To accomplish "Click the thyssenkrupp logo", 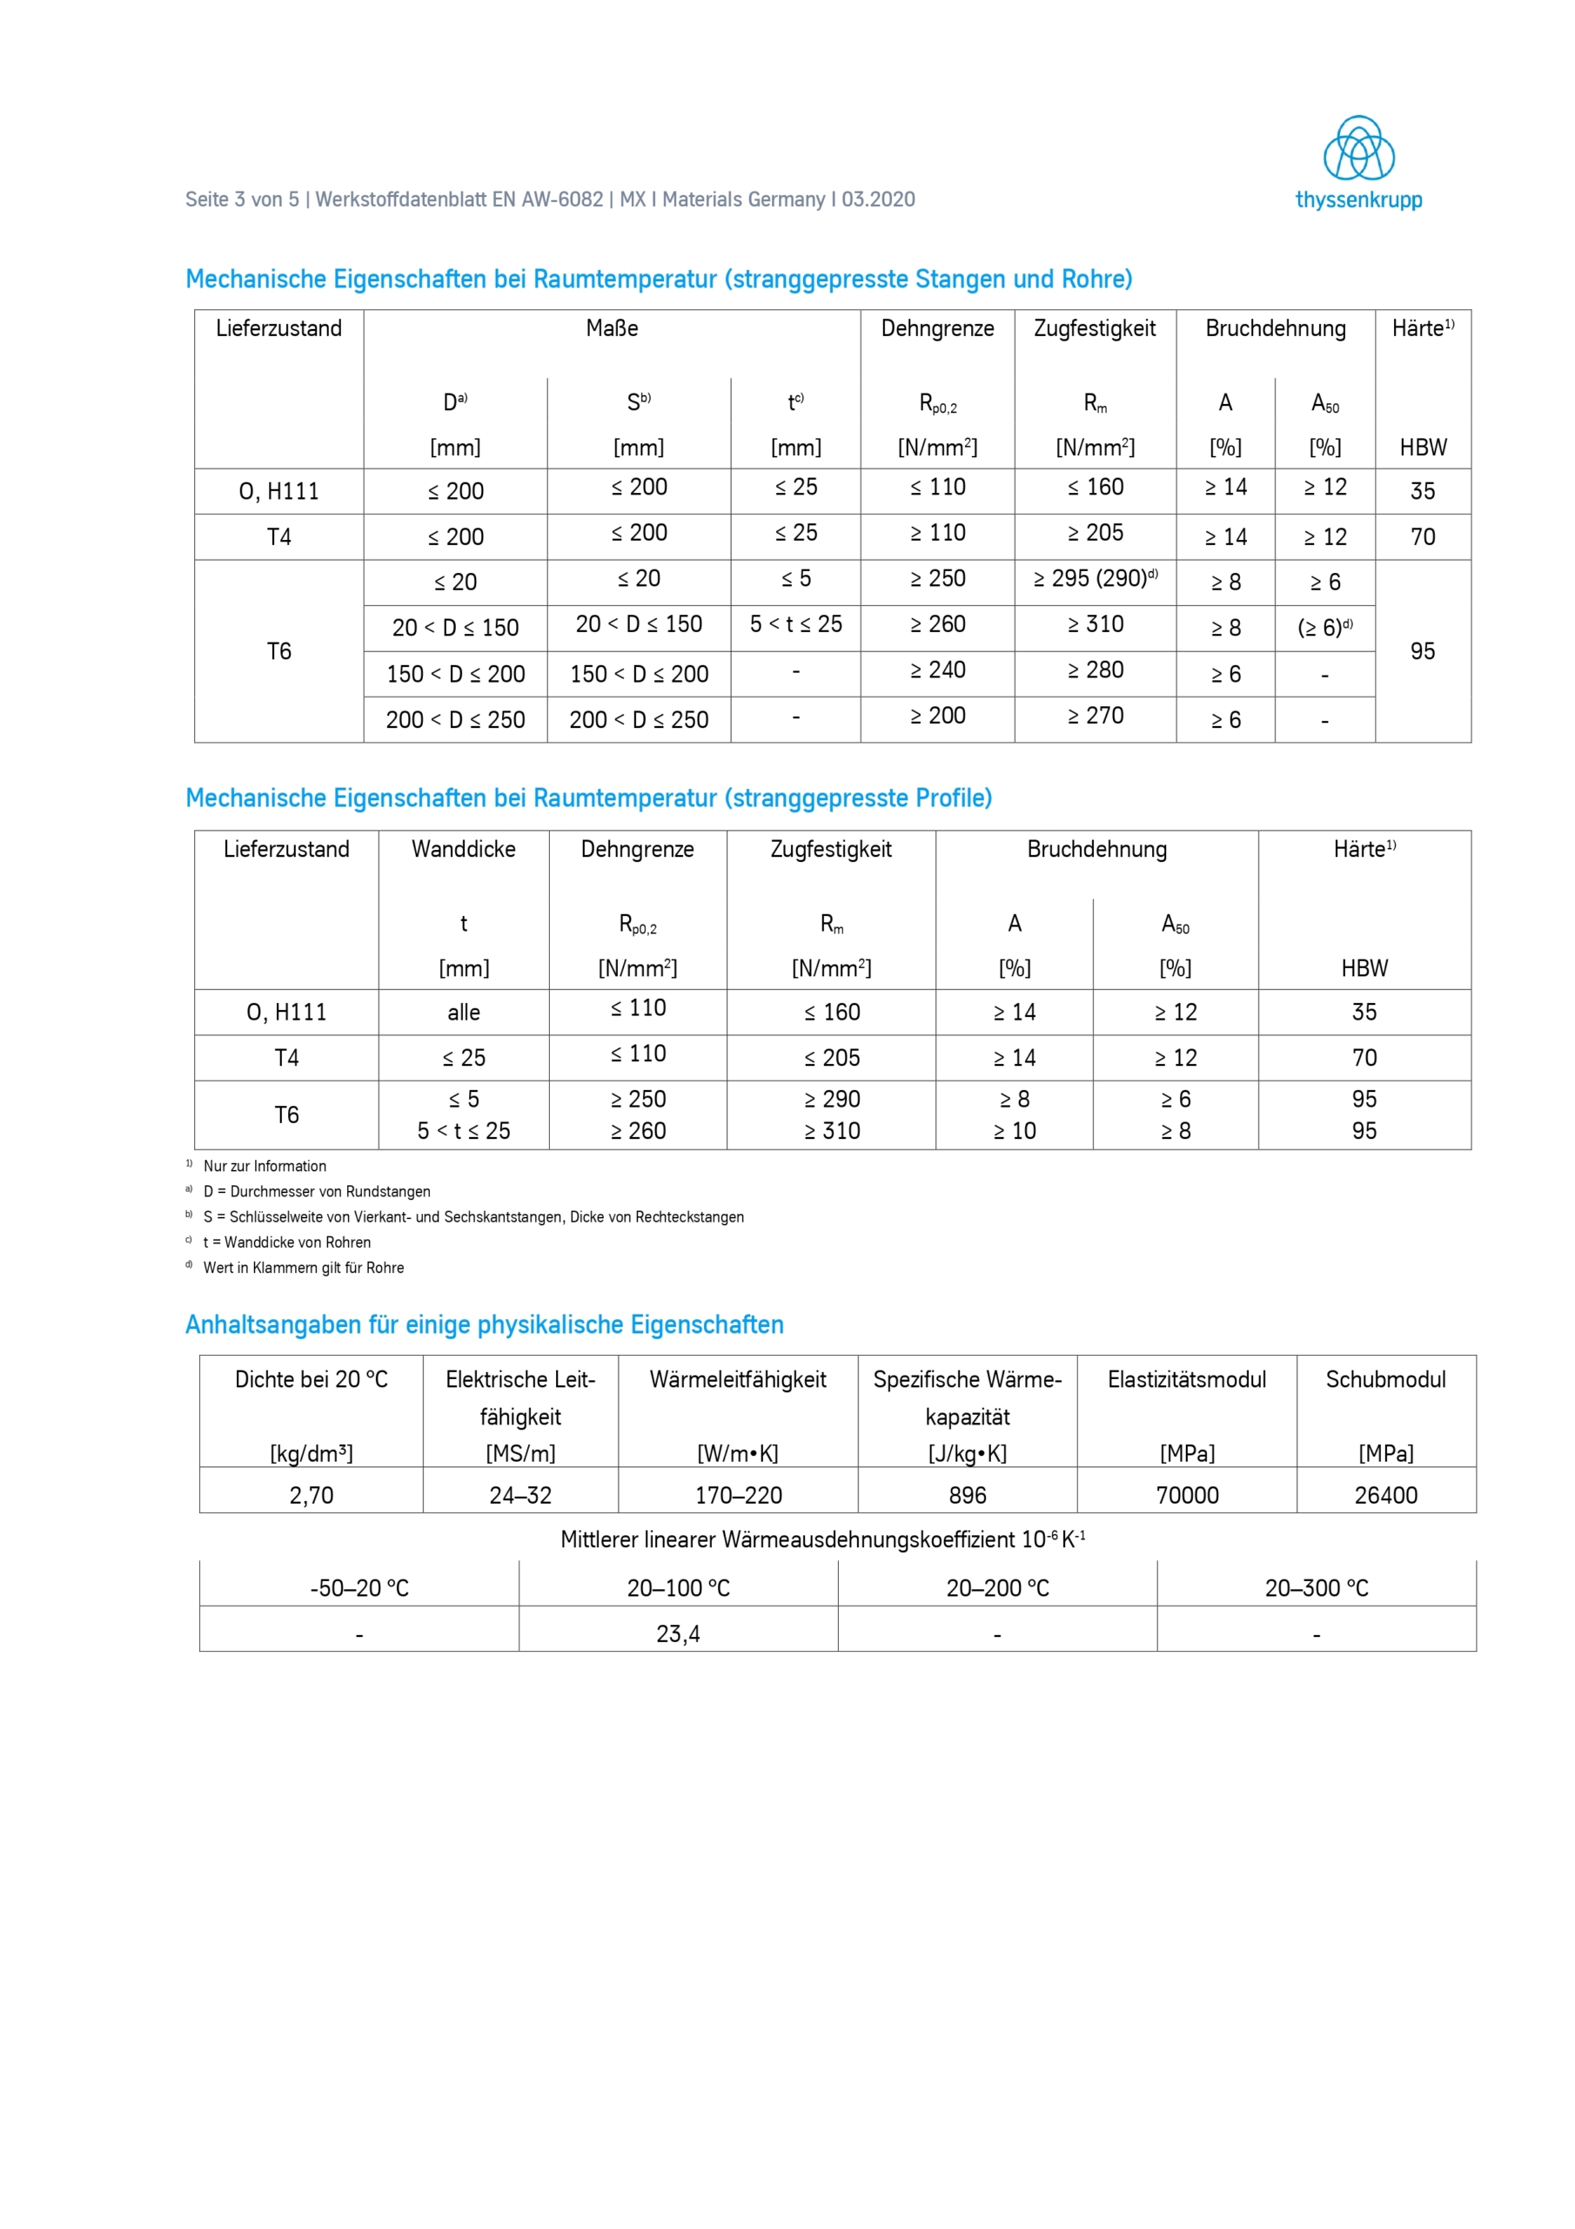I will coord(1358,162).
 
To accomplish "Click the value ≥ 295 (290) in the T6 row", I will coord(1095,580).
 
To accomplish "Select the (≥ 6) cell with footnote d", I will coord(1324,628).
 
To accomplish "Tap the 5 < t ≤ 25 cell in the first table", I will coord(795,625).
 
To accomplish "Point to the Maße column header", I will coord(612,329).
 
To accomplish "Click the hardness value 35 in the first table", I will coord(1422,491).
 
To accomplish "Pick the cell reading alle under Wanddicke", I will coord(464,1013).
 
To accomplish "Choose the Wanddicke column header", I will coord(464,850).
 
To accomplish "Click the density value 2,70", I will coord(312,1495).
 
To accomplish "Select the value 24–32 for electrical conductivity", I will coord(520,1495).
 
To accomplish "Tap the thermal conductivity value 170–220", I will coord(739,1495).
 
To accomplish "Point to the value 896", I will coord(968,1495).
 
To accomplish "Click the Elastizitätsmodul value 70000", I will coord(1187,1495).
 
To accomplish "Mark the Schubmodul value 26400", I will coord(1386,1495).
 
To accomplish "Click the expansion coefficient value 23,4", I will coord(679,1634).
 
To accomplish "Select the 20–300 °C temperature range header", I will coord(1316,1588).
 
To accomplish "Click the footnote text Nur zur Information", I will coord(265,1166).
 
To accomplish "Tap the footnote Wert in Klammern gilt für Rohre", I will coord(304,1268).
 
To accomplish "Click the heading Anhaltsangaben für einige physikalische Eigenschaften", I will coord(484,1325).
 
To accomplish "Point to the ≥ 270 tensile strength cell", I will coord(1095,717).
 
